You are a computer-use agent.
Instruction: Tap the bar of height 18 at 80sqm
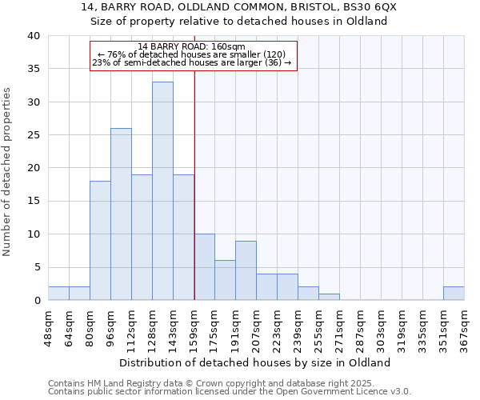coord(100,240)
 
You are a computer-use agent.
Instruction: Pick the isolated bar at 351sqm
coord(453,294)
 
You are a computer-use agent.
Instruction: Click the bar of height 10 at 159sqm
coord(205,267)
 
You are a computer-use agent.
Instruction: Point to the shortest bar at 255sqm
coord(329,297)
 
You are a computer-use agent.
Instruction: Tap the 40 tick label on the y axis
coord(33,36)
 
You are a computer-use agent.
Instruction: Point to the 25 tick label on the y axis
coord(33,135)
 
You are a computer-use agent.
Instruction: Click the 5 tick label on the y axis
coord(36,267)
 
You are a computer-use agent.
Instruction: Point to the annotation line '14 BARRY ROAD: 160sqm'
coord(191,46)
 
